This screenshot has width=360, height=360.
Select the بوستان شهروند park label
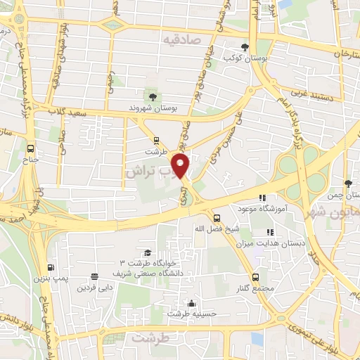(x=152, y=108)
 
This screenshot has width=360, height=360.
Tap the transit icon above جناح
(x=31, y=148)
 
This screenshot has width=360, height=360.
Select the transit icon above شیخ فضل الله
(x=217, y=217)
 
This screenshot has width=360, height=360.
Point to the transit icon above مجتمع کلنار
(x=255, y=276)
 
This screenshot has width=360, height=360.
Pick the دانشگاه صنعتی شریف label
(x=148, y=271)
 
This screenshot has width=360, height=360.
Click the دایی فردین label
(x=95, y=288)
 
